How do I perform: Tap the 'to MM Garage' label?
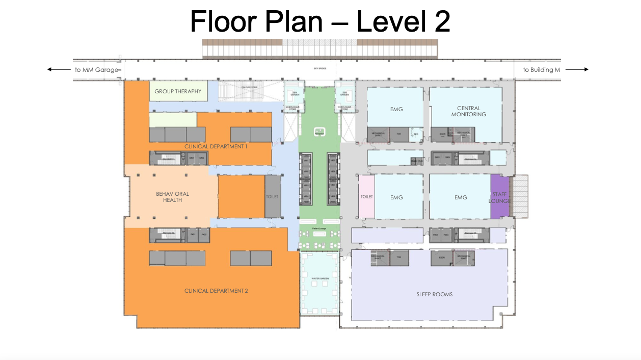click(96, 70)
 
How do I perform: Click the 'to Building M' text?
click(541, 70)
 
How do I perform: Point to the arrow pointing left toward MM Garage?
click(59, 70)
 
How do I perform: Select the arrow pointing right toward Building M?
click(577, 70)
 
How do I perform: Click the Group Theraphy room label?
click(178, 92)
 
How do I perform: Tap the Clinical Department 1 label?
click(216, 146)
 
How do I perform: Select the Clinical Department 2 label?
click(216, 291)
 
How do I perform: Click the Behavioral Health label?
click(172, 197)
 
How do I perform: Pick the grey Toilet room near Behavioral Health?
click(272, 196)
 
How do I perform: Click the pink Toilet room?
click(366, 197)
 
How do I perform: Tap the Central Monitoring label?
click(468, 111)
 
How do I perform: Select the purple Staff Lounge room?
click(499, 197)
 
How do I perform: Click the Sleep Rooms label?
click(434, 294)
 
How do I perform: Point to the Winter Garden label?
click(320, 278)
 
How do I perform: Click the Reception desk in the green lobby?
click(320, 132)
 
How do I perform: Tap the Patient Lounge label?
click(319, 228)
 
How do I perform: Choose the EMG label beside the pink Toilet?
click(396, 197)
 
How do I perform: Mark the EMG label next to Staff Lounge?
click(460, 197)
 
